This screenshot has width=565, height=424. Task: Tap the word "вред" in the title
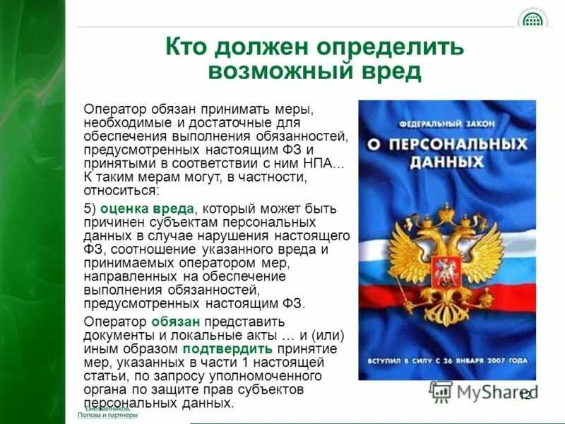(x=388, y=71)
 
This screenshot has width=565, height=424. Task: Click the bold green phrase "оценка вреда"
(x=145, y=209)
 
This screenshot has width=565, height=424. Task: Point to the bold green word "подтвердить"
(x=225, y=348)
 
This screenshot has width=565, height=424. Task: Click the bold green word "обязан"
(x=170, y=322)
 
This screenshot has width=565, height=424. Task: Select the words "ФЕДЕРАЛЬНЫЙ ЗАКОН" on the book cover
(x=445, y=124)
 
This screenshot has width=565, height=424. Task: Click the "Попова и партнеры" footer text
(x=108, y=416)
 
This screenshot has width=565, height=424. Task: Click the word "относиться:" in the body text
(x=121, y=191)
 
